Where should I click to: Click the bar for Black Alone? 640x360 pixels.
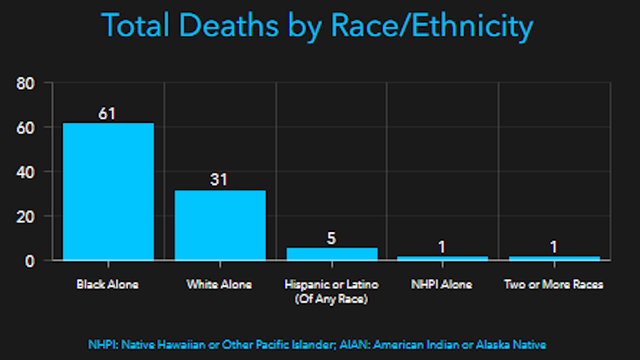pyautogui.click(x=108, y=191)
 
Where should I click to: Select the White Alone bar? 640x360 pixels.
pyautogui.click(x=220, y=225)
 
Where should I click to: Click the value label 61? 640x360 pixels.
pyautogui.click(x=108, y=112)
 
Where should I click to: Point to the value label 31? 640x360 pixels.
pyautogui.click(x=220, y=179)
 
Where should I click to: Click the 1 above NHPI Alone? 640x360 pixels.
pyautogui.click(x=443, y=246)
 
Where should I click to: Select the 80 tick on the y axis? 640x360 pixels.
pyautogui.click(x=28, y=84)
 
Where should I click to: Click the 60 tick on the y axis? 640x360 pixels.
pyautogui.click(x=28, y=128)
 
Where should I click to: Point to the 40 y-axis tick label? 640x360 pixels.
pyautogui.click(x=28, y=172)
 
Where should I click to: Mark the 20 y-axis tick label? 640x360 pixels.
pyautogui.click(x=28, y=216)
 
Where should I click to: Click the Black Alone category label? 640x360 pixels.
pyautogui.click(x=108, y=285)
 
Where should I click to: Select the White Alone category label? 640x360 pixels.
pyautogui.click(x=220, y=285)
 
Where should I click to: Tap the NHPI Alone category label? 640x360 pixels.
pyautogui.click(x=443, y=285)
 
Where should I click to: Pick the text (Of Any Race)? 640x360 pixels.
pyautogui.click(x=331, y=299)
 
